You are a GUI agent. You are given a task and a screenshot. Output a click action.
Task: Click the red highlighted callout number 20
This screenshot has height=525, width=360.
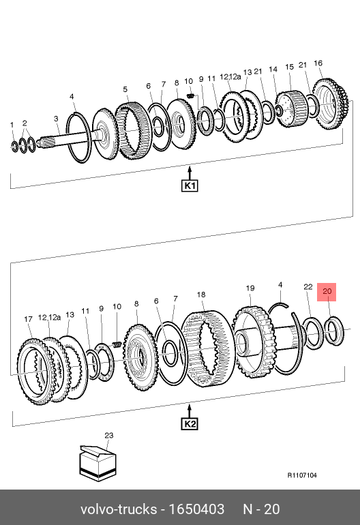[x=327, y=291]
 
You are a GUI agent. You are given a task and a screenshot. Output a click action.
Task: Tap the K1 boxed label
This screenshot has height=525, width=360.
[x=190, y=185]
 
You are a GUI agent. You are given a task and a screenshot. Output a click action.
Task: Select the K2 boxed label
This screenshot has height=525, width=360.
[x=190, y=424]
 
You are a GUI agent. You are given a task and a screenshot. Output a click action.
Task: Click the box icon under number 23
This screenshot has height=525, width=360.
[x=97, y=463]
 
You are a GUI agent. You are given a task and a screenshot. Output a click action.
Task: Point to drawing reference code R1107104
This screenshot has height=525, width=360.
[x=302, y=475]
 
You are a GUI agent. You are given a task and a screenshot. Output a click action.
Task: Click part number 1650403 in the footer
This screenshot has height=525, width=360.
[x=196, y=509]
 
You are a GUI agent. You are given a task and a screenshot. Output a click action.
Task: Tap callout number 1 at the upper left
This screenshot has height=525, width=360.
[x=12, y=125]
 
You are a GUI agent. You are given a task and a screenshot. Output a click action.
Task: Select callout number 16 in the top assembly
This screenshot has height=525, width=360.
[x=318, y=63]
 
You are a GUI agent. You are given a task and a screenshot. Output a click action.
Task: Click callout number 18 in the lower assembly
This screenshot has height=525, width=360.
[x=201, y=295]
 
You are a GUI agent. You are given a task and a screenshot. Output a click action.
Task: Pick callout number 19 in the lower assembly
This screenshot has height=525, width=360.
[x=250, y=288]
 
